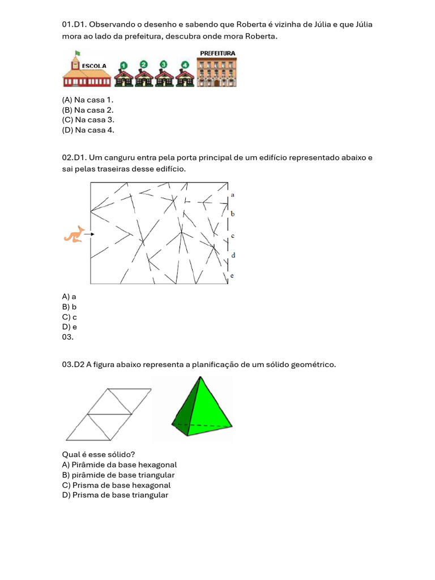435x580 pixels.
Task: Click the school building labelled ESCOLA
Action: (x=86, y=72)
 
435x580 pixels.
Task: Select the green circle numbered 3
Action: (x=164, y=64)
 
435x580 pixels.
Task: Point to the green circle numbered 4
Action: (x=185, y=65)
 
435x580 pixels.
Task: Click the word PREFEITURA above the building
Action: (x=217, y=53)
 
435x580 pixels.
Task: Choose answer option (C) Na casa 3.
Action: (x=88, y=120)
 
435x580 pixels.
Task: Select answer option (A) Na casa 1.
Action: (x=88, y=100)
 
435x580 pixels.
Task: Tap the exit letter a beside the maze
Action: (x=233, y=194)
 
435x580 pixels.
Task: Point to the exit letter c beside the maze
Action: (x=233, y=235)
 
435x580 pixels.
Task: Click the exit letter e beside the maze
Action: (x=232, y=276)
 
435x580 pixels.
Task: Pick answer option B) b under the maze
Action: (x=69, y=306)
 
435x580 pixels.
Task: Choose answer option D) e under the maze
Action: (x=69, y=327)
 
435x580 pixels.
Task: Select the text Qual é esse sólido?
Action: (x=99, y=454)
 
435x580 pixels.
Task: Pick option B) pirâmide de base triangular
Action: (x=118, y=475)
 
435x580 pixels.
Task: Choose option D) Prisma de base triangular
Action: (x=115, y=495)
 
